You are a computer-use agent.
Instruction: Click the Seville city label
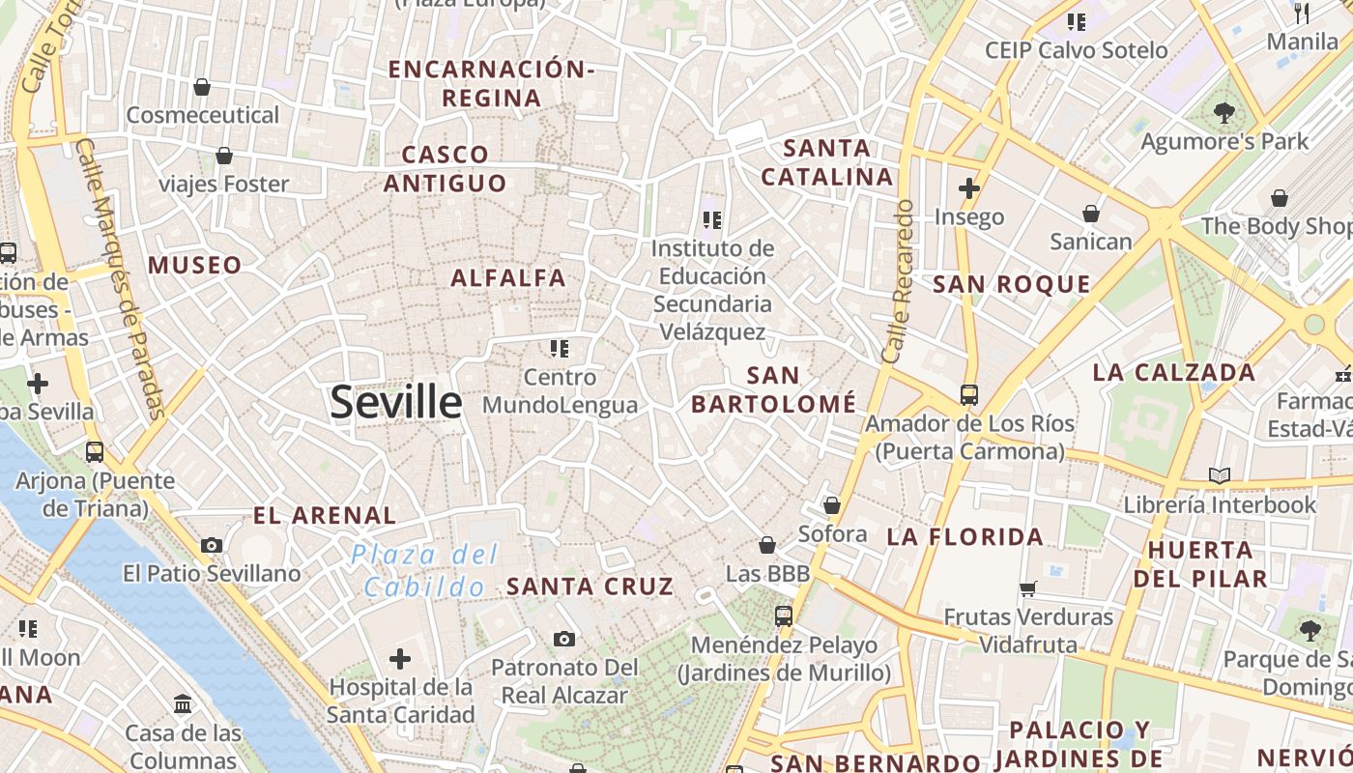coord(396,401)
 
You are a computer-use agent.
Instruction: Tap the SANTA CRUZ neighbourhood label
coord(590,586)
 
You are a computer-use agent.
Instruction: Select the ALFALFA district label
coord(508,278)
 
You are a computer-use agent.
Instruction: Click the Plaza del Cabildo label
coord(425,570)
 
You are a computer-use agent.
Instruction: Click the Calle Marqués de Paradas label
coord(121,280)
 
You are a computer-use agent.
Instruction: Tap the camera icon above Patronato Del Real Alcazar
coord(564,639)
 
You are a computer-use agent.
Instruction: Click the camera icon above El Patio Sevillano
coord(212,545)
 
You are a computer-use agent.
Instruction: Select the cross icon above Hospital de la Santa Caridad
coord(400,659)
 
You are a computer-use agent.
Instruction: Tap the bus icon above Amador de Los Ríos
coord(968,394)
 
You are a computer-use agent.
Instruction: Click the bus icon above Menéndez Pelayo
coord(783,616)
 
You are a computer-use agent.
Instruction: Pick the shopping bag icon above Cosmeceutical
coord(202,87)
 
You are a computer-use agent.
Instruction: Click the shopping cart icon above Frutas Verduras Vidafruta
coord(1028,588)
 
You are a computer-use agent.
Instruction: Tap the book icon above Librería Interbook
coord(1220,475)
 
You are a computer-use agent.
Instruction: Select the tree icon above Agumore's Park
coord(1223,113)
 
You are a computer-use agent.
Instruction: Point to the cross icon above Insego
coord(968,187)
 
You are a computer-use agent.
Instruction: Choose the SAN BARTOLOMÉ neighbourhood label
coord(774,389)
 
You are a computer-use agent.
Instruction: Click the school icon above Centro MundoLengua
coord(560,348)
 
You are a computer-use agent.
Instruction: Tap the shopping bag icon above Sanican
coord(1091,213)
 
